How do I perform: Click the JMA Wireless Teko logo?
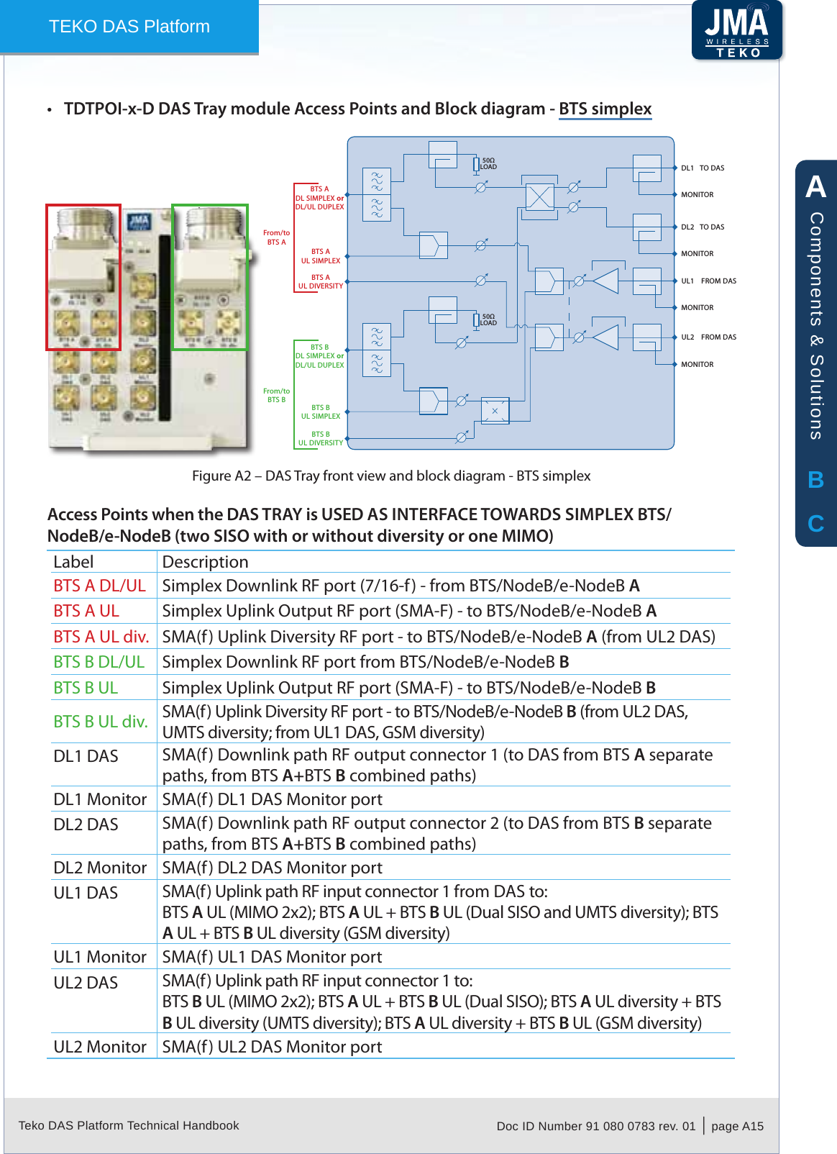click(x=736, y=30)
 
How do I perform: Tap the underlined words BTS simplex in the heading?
click(x=605, y=109)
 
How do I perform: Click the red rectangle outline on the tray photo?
click(x=47, y=277)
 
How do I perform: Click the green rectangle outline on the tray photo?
click(x=173, y=277)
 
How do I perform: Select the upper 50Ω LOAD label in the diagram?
click(x=488, y=164)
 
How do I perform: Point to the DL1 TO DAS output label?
click(x=703, y=168)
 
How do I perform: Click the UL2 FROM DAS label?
click(x=708, y=337)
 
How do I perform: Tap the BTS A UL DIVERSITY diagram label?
click(x=321, y=282)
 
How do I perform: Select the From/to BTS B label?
click(x=276, y=396)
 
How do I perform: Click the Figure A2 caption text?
click(x=390, y=476)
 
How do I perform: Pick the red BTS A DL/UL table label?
click(x=99, y=586)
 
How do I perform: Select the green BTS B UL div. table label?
click(x=101, y=722)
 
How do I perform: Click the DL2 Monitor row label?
click(x=100, y=868)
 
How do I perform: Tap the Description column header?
click(x=205, y=562)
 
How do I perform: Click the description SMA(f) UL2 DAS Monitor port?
click(x=272, y=1047)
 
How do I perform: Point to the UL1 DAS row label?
click(x=86, y=893)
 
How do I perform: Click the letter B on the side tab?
click(x=815, y=480)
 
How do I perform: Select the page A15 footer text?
click(x=737, y=1126)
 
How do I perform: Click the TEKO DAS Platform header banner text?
click(x=129, y=27)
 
